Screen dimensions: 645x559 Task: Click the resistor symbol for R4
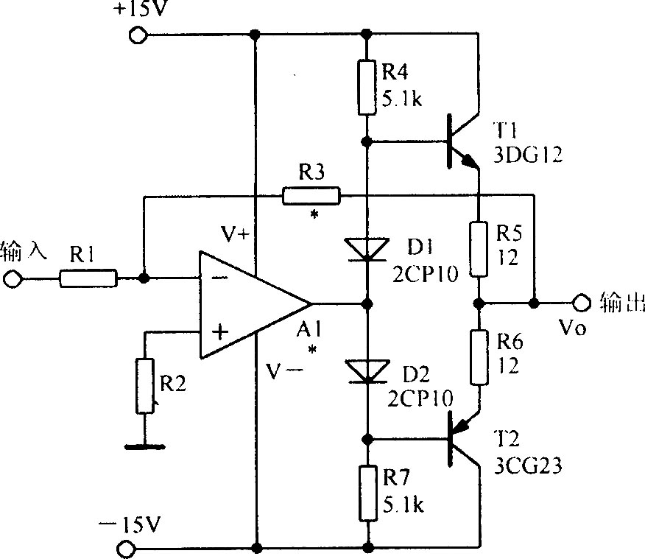coord(367,87)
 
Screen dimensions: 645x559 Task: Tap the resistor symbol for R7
coord(368,493)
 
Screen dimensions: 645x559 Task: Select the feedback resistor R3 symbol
coord(311,195)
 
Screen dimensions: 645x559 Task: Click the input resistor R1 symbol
coord(88,278)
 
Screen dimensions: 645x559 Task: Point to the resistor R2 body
coord(145,386)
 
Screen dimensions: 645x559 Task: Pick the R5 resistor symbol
coord(479,249)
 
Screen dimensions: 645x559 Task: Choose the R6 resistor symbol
coord(479,357)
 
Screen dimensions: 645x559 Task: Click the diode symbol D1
coord(367,249)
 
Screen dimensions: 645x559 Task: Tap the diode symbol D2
coord(367,371)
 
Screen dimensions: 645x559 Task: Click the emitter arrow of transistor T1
coord(469,161)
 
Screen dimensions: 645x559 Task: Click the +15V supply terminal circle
coord(138,35)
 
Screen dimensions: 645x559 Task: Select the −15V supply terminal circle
coord(126,549)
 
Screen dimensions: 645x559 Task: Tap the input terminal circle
coord(11,279)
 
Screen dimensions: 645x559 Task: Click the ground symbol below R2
coord(145,446)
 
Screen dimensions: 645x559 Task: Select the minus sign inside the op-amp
coord(219,278)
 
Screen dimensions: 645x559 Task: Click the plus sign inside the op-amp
coord(220,331)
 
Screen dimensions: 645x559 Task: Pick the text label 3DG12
coord(528,155)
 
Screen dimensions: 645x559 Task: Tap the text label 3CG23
coord(528,466)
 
